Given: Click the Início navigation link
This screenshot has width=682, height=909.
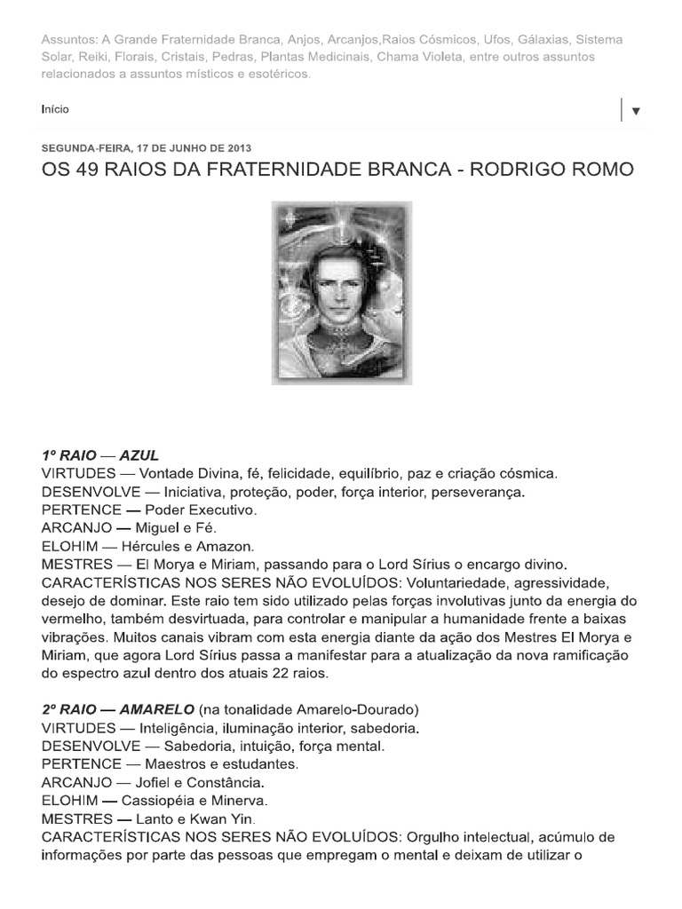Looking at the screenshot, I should (x=55, y=109).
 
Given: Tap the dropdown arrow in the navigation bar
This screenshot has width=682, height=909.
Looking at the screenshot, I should (x=636, y=111).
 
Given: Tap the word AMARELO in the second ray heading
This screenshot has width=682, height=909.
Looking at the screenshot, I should (x=152, y=709).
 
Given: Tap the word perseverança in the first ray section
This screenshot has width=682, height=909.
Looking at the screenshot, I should (x=480, y=492).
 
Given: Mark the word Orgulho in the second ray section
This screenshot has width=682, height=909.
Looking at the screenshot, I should (x=436, y=837).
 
